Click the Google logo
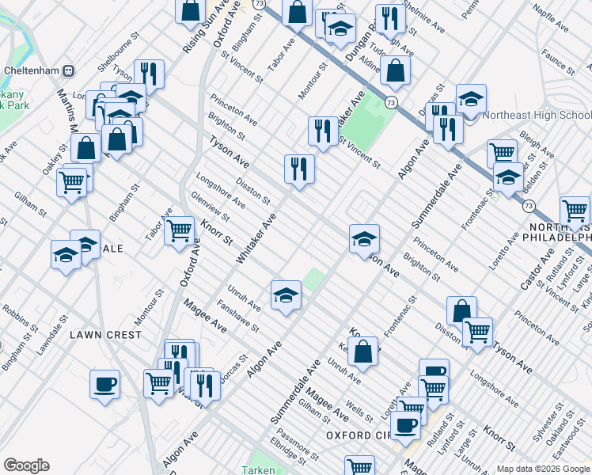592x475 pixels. click(x=26, y=465)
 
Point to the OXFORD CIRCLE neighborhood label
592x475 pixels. click(x=359, y=435)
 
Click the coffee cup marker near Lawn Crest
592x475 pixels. click(x=104, y=385)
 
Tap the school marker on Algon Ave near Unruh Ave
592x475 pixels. click(x=286, y=296)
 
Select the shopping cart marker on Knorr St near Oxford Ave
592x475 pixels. click(x=180, y=231)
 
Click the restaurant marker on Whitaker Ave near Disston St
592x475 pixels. click(x=299, y=169)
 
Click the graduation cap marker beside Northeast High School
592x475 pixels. click(x=471, y=100)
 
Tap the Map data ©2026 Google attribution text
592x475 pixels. click(x=542, y=469)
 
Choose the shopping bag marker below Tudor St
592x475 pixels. click(x=395, y=71)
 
